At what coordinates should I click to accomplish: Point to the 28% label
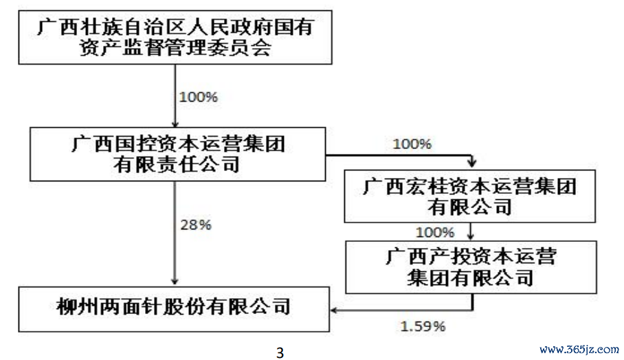pyautogui.click(x=196, y=225)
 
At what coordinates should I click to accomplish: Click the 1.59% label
pyautogui.click(x=423, y=326)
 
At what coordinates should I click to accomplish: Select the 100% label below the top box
pyautogui.click(x=198, y=97)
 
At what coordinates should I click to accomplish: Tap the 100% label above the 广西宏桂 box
pyautogui.click(x=412, y=144)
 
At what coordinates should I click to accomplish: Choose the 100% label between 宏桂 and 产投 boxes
pyautogui.click(x=434, y=232)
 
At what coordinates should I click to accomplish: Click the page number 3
pyautogui.click(x=280, y=353)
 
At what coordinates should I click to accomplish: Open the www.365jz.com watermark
pyautogui.click(x=579, y=350)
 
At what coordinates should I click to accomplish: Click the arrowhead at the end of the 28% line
pyautogui.click(x=175, y=282)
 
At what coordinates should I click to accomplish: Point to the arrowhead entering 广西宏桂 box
pyautogui.click(x=472, y=164)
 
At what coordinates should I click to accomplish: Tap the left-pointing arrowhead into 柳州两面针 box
pyautogui.click(x=334, y=310)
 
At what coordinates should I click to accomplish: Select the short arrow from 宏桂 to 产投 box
pyautogui.click(x=471, y=232)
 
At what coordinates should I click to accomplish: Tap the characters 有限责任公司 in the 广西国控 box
pyautogui.click(x=177, y=165)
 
